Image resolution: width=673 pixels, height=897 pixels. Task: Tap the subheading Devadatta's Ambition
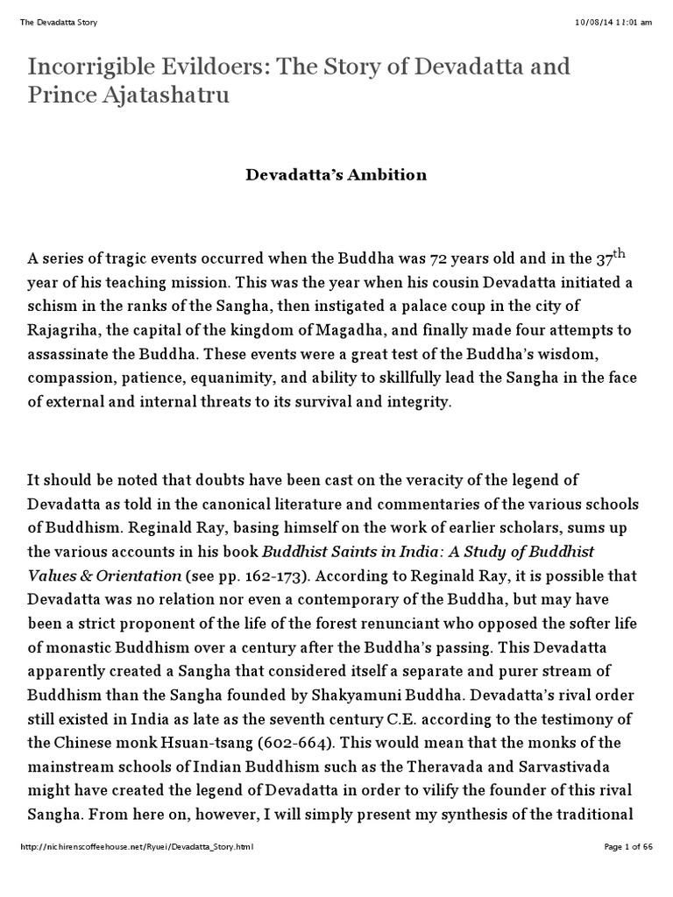point(336,174)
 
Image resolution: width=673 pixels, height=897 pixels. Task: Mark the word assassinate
point(69,359)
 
